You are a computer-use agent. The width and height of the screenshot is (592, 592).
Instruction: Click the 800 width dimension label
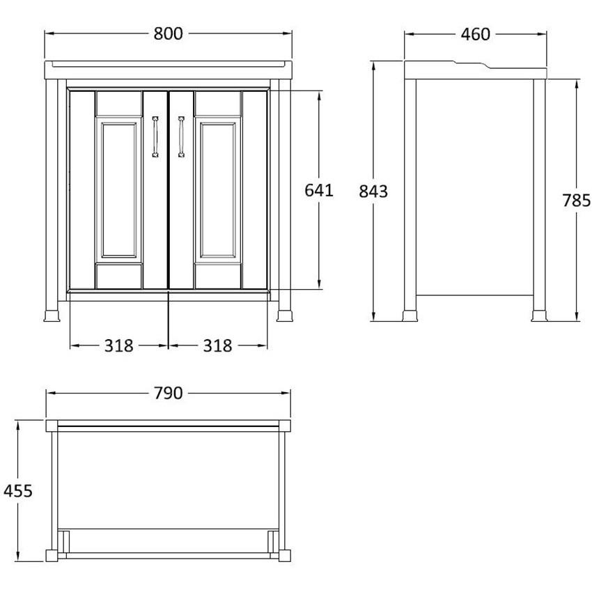pyautogui.click(x=168, y=33)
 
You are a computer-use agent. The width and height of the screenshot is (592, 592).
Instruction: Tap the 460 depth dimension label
pyautogui.click(x=475, y=34)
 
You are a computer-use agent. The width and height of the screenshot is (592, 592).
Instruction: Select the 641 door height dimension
pyautogui.click(x=319, y=190)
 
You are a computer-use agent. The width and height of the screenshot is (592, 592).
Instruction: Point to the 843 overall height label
pyautogui.click(x=373, y=192)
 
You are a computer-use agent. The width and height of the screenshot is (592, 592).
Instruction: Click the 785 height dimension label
pyautogui.click(x=577, y=200)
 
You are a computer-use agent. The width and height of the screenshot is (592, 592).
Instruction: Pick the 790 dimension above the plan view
pyautogui.click(x=168, y=393)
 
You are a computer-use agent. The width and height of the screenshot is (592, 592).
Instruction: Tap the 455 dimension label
pyautogui.click(x=17, y=491)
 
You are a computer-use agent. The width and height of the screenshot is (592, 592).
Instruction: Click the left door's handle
pyautogui.click(x=155, y=137)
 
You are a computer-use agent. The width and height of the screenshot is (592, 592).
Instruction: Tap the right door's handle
pyautogui.click(x=181, y=137)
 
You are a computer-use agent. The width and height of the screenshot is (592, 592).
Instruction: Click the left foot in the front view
pyautogui.click(x=52, y=316)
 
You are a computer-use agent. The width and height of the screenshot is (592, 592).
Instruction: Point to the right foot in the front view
pyautogui.click(x=285, y=316)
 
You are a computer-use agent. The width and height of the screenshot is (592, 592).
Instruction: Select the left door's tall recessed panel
pyautogui.click(x=119, y=190)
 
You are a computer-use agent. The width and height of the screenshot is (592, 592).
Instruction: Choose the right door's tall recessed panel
pyautogui.click(x=218, y=190)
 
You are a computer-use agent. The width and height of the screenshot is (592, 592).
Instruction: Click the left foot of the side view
pyautogui.click(x=410, y=316)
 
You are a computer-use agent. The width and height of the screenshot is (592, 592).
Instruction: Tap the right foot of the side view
pyautogui.click(x=540, y=316)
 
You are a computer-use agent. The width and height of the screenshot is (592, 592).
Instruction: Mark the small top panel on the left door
pyautogui.click(x=119, y=103)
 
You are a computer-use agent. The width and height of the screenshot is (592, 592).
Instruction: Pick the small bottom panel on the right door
pyautogui.click(x=218, y=276)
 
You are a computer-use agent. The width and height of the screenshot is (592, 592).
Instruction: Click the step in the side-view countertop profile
pyautogui.click(x=472, y=65)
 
